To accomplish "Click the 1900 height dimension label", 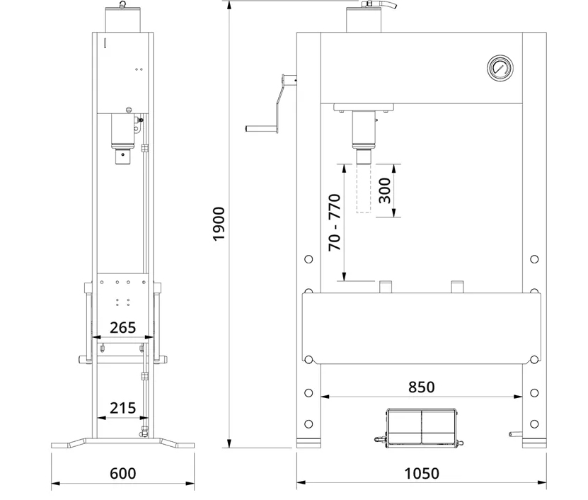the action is [x=219, y=224].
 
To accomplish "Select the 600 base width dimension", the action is [x=122, y=473].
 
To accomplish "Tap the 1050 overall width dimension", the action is [x=422, y=473].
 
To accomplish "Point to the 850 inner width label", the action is [x=422, y=387].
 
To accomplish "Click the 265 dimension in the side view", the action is [x=122, y=328].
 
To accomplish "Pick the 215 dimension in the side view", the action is [x=122, y=408].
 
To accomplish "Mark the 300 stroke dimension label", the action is [x=385, y=191].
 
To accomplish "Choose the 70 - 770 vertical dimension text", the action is [x=335, y=222].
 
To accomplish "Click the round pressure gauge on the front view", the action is [x=500, y=68].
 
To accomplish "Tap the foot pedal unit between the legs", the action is [x=421, y=427].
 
